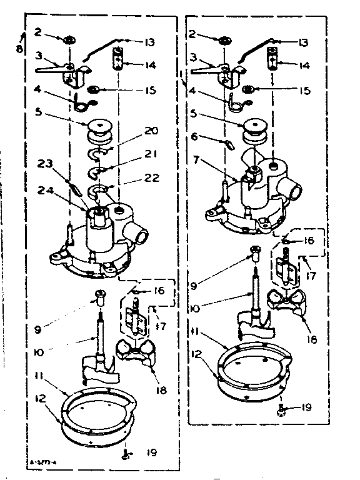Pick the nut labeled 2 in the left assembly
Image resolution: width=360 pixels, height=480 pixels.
(69, 41)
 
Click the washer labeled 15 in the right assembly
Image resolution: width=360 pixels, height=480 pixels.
(248, 90)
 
